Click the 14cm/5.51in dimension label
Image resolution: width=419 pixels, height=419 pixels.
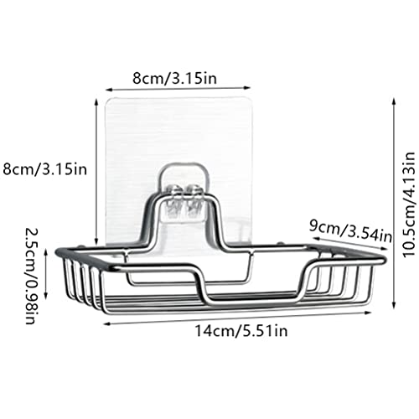tap(241, 331)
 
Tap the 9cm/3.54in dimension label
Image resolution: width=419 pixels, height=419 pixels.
tap(350, 232)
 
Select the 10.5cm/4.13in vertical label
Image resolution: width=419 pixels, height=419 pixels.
tap(410, 204)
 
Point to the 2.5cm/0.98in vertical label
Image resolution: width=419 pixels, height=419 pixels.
tap(31, 276)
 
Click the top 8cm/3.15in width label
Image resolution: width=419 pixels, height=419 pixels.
tap(174, 79)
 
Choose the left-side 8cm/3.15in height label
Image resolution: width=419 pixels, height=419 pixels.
tap(44, 169)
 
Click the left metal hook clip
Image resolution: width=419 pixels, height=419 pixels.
tap(174, 199)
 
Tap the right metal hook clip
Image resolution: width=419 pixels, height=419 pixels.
tap(194, 199)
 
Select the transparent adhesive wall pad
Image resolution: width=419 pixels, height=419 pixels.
tap(178, 170)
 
